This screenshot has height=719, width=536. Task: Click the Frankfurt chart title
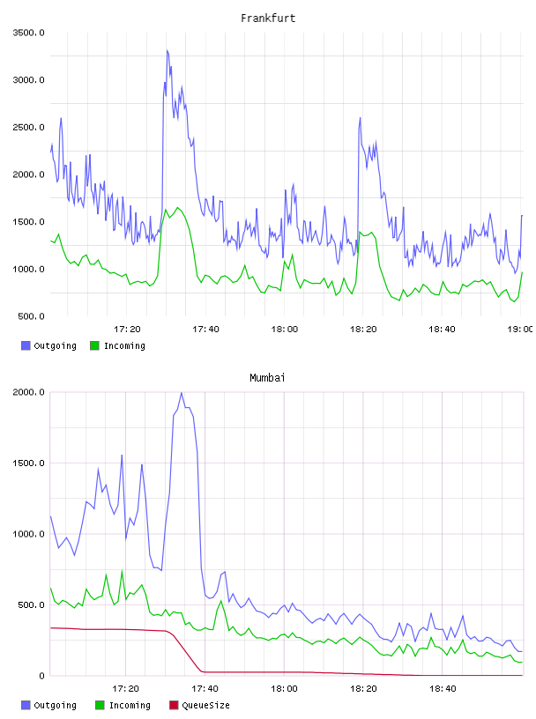point(268,19)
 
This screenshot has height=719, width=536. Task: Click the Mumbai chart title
point(267,378)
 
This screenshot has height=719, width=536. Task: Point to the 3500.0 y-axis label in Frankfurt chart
point(28,33)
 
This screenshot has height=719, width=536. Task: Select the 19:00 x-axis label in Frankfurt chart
point(521,330)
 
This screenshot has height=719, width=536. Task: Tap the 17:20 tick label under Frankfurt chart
point(127,330)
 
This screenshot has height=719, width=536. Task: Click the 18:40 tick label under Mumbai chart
point(443,689)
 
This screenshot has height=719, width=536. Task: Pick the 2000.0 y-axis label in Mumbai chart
point(28,392)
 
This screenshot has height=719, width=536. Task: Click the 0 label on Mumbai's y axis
point(41,676)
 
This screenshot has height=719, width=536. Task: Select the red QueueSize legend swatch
point(174,705)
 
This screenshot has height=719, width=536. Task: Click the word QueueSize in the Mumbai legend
point(205,705)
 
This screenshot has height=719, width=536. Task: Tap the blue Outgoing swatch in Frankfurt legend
point(26,345)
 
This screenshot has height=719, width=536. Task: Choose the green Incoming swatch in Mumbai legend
point(100,705)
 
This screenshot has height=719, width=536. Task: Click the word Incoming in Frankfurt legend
point(124,345)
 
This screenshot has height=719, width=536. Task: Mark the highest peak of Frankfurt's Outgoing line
point(167,50)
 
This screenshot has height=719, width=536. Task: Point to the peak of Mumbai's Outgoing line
point(182,393)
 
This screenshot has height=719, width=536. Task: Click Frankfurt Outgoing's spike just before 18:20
point(361,118)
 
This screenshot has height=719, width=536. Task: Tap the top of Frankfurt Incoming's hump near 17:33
point(177,208)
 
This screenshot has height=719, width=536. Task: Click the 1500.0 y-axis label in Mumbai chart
point(28,463)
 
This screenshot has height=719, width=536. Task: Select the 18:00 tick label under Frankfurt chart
point(285,330)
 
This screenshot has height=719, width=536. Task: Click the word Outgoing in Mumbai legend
point(55,705)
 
